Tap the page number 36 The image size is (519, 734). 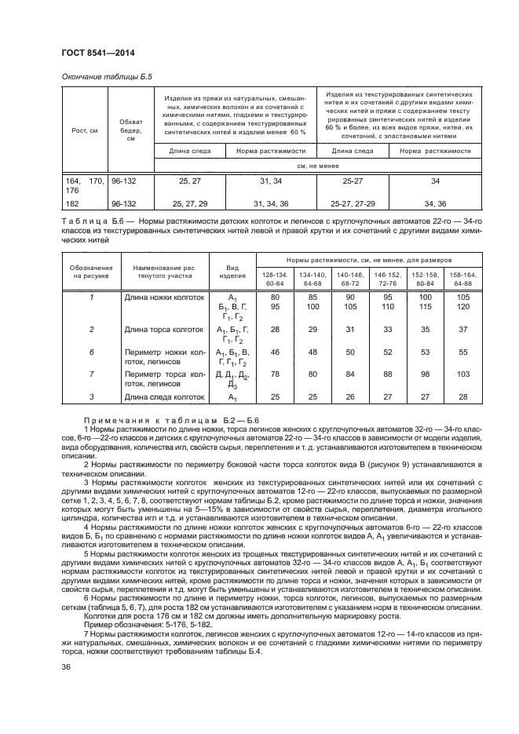point(66,690)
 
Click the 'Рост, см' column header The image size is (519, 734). point(84,130)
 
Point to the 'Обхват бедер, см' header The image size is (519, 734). point(130,130)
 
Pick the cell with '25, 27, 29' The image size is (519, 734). point(188,203)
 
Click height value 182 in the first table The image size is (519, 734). point(73,203)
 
